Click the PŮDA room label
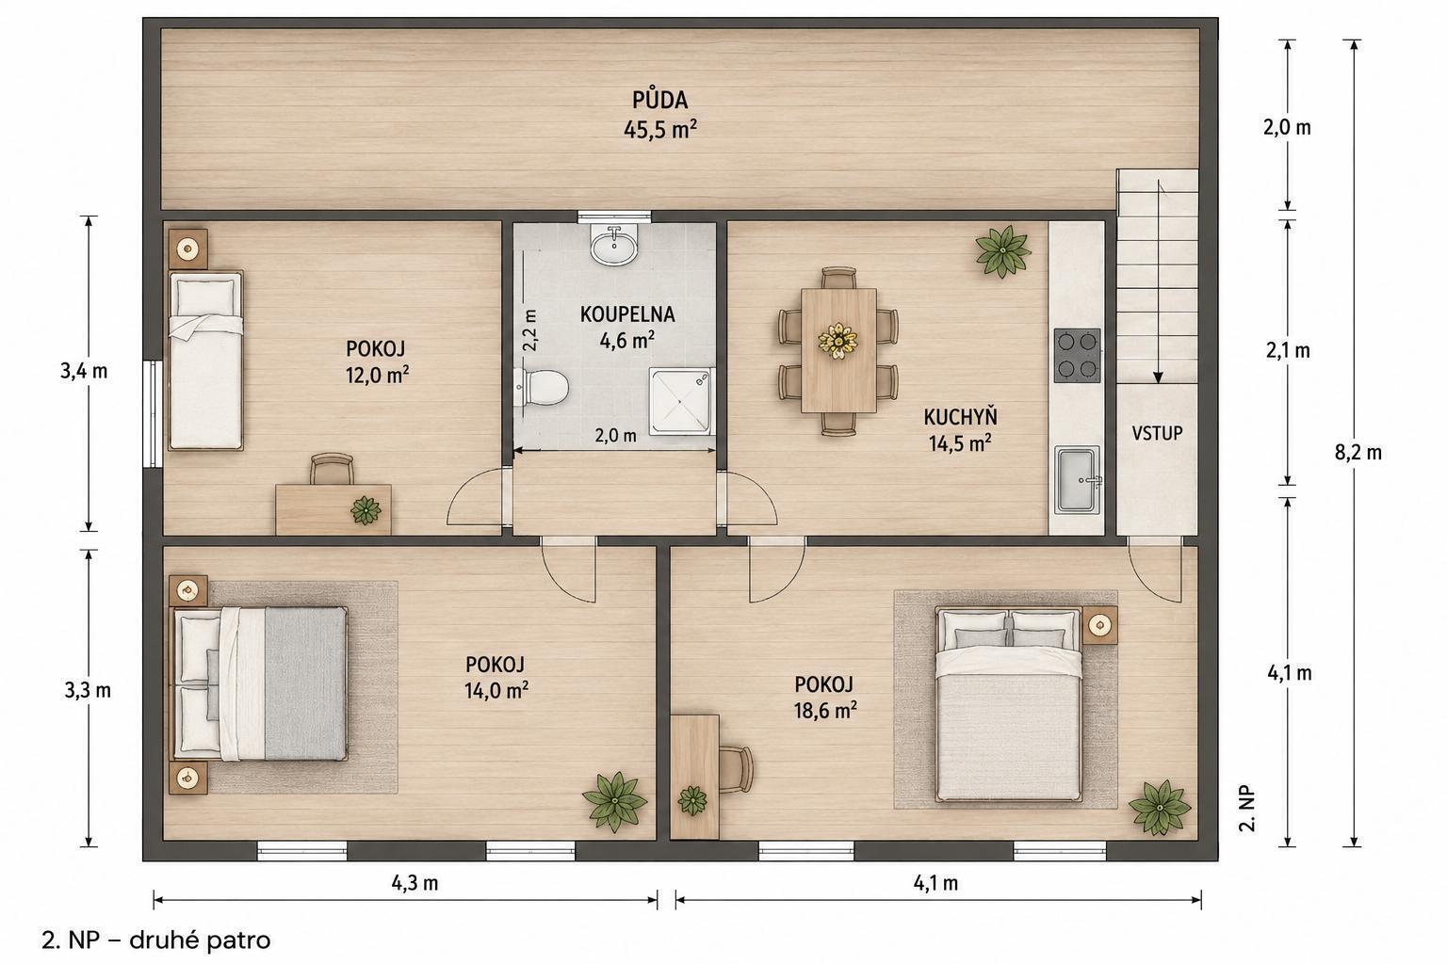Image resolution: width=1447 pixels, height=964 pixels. pyautogui.click(x=659, y=100)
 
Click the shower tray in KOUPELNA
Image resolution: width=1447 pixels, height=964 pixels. pyautogui.click(x=681, y=402)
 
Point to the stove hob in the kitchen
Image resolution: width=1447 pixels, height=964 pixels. pyautogui.click(x=1077, y=356)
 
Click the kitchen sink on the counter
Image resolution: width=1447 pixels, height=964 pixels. pyautogui.click(x=1077, y=480)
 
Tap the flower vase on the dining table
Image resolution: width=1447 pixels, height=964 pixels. pyautogui.click(x=837, y=340)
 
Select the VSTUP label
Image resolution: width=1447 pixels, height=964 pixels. pyautogui.click(x=1157, y=433)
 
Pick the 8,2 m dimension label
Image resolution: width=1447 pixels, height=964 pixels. pyautogui.click(x=1358, y=453)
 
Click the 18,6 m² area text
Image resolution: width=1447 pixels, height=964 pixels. pyautogui.click(x=825, y=711)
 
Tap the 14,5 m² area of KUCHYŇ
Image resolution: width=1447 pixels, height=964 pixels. pyautogui.click(x=960, y=443)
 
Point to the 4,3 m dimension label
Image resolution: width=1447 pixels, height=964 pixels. pyautogui.click(x=415, y=883)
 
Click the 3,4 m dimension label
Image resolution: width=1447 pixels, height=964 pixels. pyautogui.click(x=84, y=372)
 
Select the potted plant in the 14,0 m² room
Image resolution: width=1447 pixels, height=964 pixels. pyautogui.click(x=614, y=802)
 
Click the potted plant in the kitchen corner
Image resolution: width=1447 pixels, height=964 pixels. pyautogui.click(x=1002, y=251)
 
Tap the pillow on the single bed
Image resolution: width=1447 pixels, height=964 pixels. pyautogui.click(x=206, y=297)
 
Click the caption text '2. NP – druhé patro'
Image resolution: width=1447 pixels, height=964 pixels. pyautogui.click(x=156, y=940)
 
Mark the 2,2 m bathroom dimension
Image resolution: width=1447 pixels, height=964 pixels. pyautogui.click(x=529, y=329)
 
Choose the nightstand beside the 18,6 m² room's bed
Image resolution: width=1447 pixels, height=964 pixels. pyautogui.click(x=1100, y=625)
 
